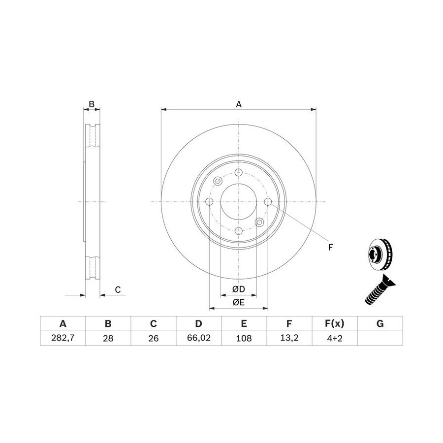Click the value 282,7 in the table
coord(63,338)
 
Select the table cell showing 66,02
coord(199,338)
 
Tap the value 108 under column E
coord(244,338)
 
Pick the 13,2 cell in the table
coord(289,338)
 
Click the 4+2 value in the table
coord(335,338)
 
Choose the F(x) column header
coord(335,323)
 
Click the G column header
coord(380,323)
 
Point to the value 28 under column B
coord(108,338)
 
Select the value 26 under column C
coord(154,338)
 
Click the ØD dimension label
coord(238,289)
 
